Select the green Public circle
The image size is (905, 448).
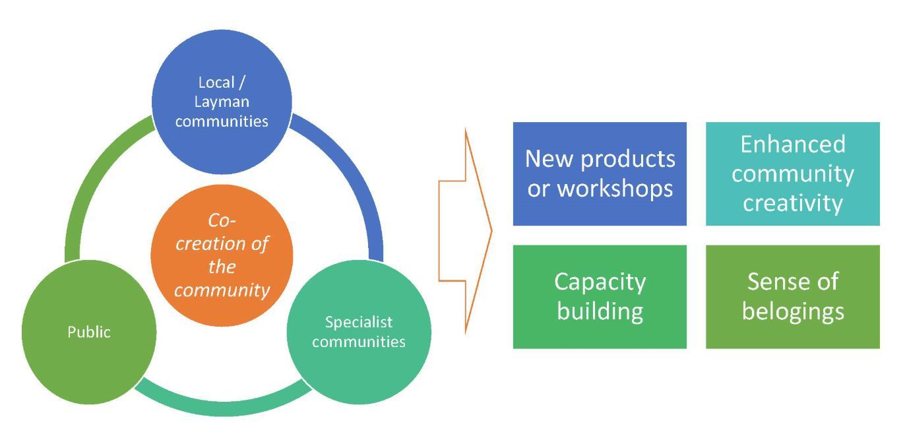(x=89, y=332)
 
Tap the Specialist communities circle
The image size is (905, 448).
(x=359, y=332)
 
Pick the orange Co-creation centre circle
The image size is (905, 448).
(x=222, y=255)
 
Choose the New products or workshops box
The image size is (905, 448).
(x=600, y=174)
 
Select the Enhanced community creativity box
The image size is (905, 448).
(x=792, y=174)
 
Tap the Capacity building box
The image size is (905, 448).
(x=600, y=296)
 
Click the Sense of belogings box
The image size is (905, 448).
(x=792, y=296)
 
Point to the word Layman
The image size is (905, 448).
(x=222, y=102)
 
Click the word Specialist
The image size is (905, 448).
(x=359, y=322)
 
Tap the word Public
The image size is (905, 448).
(x=89, y=332)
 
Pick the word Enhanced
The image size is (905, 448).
(x=792, y=144)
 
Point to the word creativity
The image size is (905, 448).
(x=792, y=203)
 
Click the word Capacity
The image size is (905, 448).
(x=600, y=282)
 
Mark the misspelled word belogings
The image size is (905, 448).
(x=792, y=311)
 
